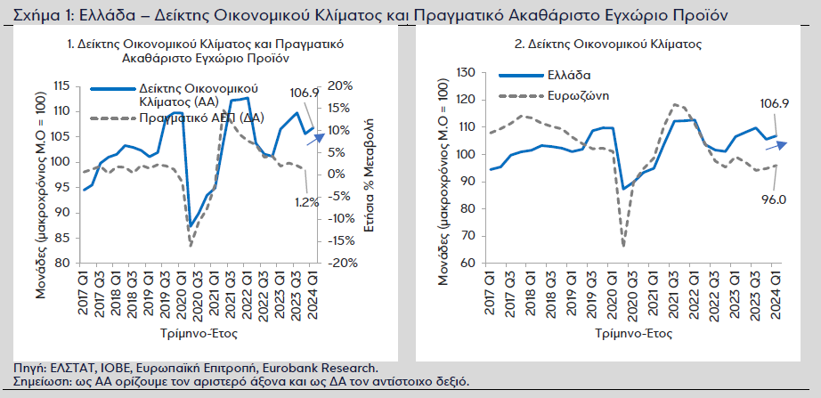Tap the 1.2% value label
tap(307, 202)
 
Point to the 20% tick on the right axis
tap(341, 85)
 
